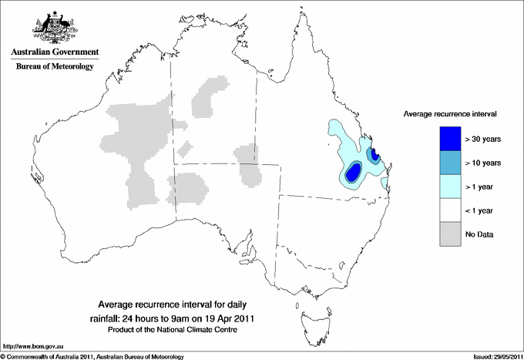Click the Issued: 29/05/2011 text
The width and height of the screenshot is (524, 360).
click(492, 356)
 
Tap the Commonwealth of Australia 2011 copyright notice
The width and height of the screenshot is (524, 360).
click(92, 356)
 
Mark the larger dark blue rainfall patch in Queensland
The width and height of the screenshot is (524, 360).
click(353, 173)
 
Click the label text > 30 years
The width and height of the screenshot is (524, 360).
click(484, 139)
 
